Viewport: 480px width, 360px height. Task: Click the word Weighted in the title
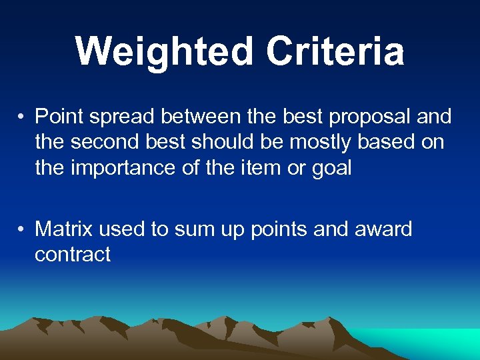point(164,52)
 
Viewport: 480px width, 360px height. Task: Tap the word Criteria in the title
point(335,52)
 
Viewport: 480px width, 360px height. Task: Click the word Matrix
point(64,229)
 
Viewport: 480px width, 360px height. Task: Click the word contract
point(73,254)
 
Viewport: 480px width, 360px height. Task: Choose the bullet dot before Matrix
point(22,230)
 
